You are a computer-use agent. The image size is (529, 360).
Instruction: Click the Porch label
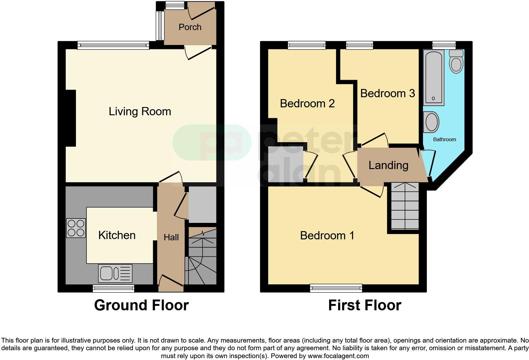190,27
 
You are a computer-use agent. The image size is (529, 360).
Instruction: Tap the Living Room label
140,111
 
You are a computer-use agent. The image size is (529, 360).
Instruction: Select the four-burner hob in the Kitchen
76,228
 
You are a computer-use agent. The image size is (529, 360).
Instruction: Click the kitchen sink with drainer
115,273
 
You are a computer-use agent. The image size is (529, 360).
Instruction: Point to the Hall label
171,237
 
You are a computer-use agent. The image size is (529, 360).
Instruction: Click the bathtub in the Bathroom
434,78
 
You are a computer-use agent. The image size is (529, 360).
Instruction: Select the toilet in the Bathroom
456,62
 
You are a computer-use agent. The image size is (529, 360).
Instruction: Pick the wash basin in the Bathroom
432,122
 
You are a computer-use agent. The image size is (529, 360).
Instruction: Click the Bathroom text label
445,139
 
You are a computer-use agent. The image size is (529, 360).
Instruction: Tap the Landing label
388,165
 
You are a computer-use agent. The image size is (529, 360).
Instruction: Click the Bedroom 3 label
387,93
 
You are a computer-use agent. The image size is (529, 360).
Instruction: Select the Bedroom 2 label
307,104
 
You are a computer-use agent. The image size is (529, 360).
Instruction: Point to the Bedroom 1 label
327,236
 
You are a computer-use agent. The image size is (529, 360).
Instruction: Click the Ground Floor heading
141,305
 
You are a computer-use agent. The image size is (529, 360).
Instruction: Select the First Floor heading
364,305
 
